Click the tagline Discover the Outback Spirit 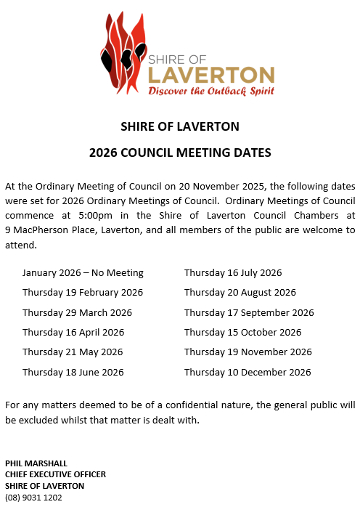[x=211, y=92]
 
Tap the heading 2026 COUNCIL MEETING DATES [x=180, y=153]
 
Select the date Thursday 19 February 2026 [x=83, y=293]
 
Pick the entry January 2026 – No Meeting [x=83, y=273]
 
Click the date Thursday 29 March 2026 [x=77, y=312]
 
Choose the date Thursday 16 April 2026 [x=73, y=332]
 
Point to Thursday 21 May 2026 [x=73, y=352]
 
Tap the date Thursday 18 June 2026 [x=73, y=372]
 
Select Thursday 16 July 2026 [x=233, y=273]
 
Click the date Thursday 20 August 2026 [x=240, y=293]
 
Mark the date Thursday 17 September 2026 [x=249, y=312]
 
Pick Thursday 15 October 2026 [x=242, y=332]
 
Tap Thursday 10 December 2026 [x=247, y=372]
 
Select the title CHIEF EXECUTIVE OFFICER [x=55, y=474]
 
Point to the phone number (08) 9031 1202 [x=33, y=498]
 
